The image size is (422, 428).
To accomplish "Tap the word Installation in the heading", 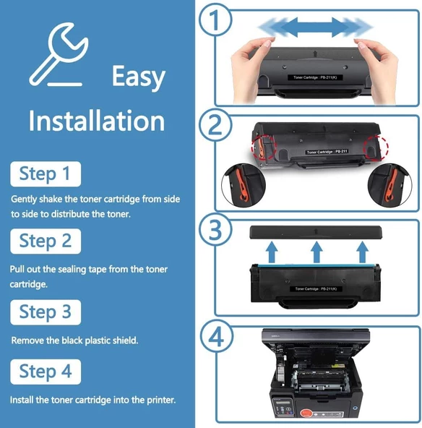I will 96,120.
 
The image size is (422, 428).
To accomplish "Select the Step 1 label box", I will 45,174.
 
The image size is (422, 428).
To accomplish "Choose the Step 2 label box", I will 45,241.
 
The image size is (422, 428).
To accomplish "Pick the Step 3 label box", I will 45,312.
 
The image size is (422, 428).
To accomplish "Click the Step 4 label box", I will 45,372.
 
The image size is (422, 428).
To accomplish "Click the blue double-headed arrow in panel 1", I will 316,27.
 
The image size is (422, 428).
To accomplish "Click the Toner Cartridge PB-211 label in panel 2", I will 327,152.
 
